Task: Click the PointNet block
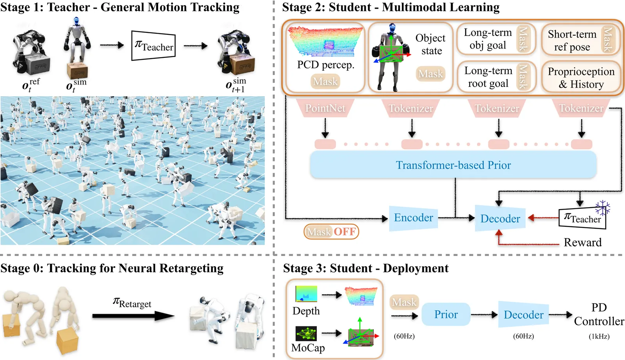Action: pos(325,108)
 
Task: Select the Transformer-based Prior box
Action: pos(453,165)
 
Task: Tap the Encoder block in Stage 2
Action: pos(413,218)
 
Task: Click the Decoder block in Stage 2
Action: pos(500,219)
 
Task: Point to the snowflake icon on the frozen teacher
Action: pos(603,208)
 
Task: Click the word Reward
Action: pos(582,242)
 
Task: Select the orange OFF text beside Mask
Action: pos(345,232)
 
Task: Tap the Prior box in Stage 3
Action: pos(446,314)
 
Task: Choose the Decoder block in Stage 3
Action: pos(523,315)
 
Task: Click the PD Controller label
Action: pos(599,314)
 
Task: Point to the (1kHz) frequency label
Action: pos(599,336)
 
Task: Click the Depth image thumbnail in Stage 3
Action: pos(306,294)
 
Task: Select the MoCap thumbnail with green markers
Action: pos(306,333)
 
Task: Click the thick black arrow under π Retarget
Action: pos(133,316)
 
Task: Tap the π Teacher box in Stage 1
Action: pos(154,46)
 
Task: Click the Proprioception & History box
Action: pos(581,78)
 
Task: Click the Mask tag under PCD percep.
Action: pos(325,81)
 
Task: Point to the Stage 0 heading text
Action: pos(112,268)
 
